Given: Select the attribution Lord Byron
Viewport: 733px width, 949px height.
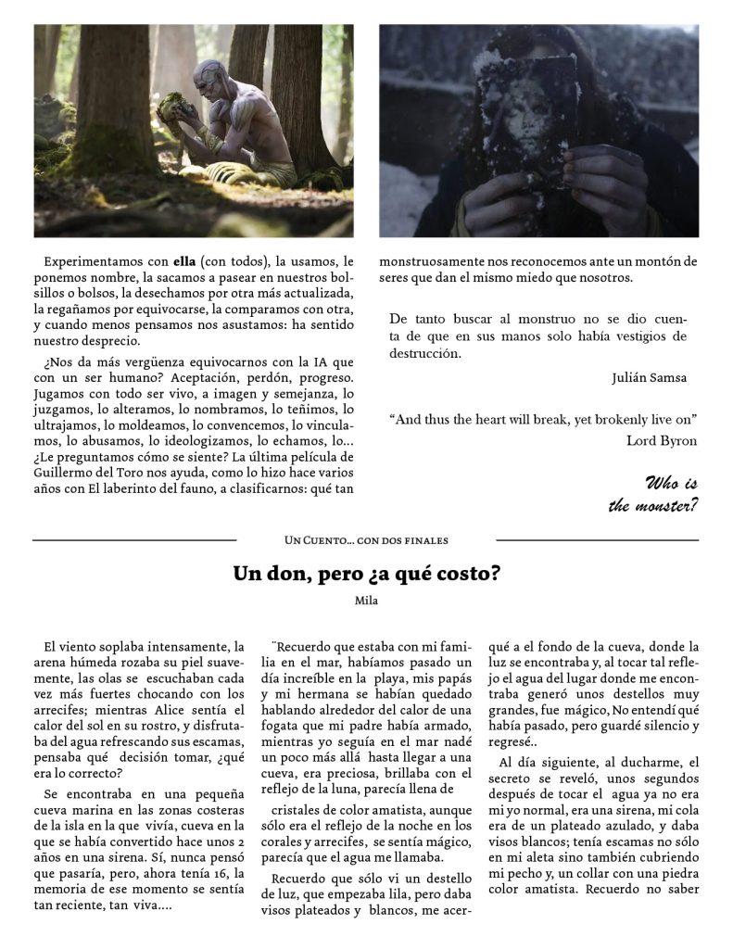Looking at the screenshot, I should [662, 440].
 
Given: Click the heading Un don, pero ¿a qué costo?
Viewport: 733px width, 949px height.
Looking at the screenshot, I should [366, 573].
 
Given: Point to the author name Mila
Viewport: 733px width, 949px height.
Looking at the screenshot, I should [367, 601].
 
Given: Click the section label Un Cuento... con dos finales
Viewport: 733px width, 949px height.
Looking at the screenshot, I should [366, 539].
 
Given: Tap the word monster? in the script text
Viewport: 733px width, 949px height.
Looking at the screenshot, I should [653, 505].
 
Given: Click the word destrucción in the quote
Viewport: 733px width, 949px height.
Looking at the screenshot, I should [424, 353].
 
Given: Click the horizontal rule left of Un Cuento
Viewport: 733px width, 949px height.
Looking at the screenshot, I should [134, 539].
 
